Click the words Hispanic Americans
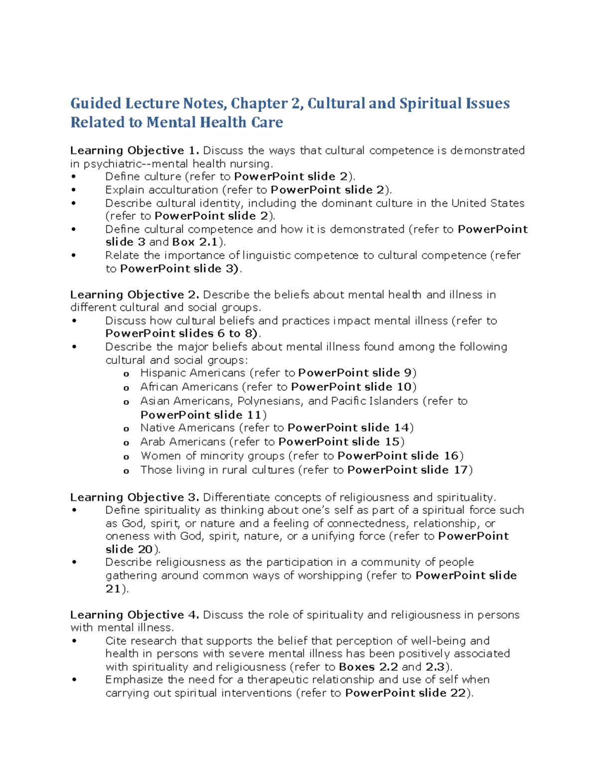pyautogui.click(x=193, y=373)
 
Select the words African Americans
pyautogui.click(x=189, y=387)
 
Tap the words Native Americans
pyautogui.click(x=187, y=428)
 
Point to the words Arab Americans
pyautogui.click(x=183, y=442)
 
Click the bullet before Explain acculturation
pyautogui.click(x=74, y=190)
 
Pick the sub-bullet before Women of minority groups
pyautogui.click(x=126, y=457)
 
